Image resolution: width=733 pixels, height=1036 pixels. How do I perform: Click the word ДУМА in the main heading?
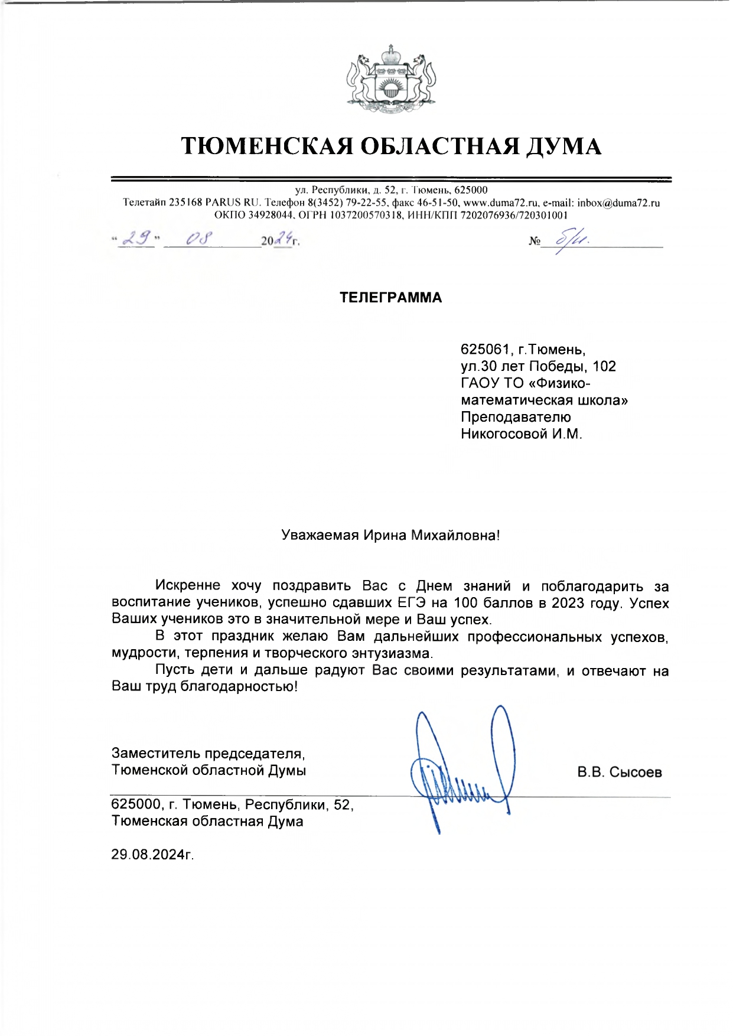pos(563,146)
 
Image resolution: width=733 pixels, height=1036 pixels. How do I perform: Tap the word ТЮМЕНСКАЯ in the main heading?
pos(267,146)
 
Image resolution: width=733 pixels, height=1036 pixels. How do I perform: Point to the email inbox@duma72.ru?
pos(618,203)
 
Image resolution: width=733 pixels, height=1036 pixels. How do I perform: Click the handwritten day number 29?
pos(136,238)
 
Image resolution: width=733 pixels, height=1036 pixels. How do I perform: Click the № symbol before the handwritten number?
pos(534,241)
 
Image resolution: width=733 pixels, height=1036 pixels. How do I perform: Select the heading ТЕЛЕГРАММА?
pos(390,298)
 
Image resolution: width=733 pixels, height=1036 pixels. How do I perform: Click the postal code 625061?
pos(484,349)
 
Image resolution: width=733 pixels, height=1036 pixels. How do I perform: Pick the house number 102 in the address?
pos(604,366)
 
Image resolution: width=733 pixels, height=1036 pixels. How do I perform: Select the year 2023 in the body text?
pos(568,603)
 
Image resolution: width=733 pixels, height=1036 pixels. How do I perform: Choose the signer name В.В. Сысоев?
pos(620,773)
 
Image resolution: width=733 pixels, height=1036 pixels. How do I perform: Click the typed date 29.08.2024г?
pos(152,855)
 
